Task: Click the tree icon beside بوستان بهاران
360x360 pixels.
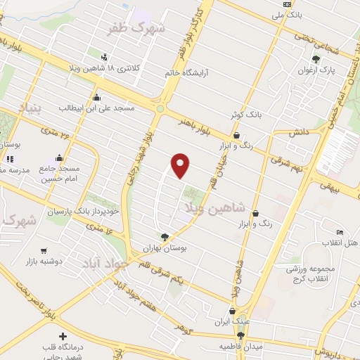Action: pos(165,237)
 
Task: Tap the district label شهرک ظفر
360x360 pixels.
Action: pos(136,29)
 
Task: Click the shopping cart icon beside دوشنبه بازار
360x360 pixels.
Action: pos(44,250)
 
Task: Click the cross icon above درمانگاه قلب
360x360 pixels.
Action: pos(63,337)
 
